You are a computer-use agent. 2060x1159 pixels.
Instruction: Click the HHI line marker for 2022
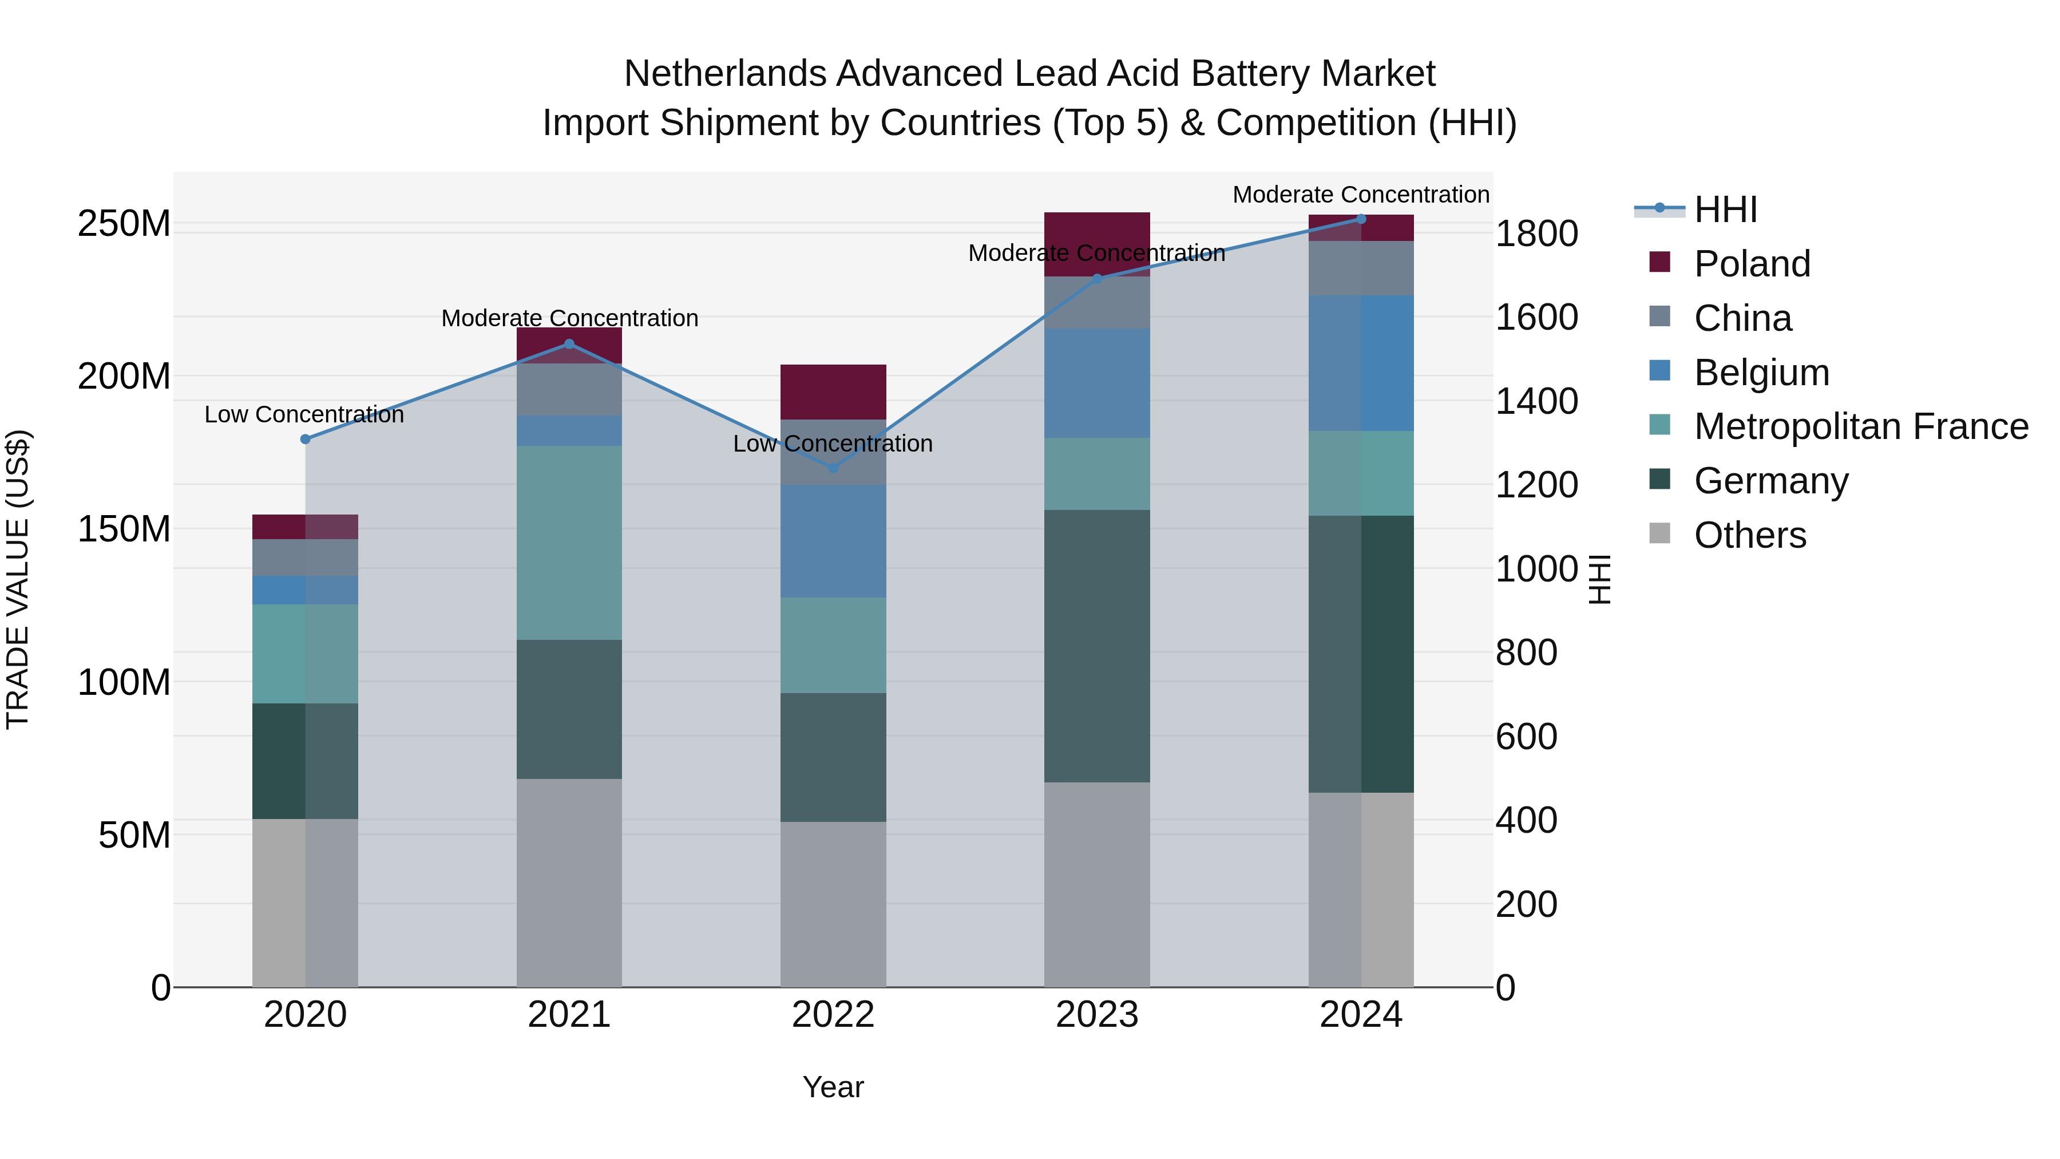click(x=833, y=468)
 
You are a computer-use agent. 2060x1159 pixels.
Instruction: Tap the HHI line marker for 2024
click(x=1361, y=219)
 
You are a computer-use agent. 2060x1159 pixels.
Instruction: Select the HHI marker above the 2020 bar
click(x=304, y=439)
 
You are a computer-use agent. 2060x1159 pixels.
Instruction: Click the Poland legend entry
click(x=1752, y=264)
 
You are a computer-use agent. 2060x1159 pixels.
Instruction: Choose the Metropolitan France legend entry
click(x=1860, y=426)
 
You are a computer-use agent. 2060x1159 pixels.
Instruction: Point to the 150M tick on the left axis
click(x=124, y=529)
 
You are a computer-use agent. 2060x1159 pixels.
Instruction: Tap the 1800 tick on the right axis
click(x=1535, y=234)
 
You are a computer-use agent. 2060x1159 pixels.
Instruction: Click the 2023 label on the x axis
click(x=1096, y=1014)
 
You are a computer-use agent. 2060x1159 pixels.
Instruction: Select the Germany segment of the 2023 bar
click(x=1096, y=646)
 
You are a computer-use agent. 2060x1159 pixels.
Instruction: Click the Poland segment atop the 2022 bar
click(x=833, y=392)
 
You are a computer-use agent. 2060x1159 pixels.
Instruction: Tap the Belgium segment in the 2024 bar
click(x=1361, y=363)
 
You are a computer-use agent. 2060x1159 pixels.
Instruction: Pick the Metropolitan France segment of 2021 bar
click(x=569, y=543)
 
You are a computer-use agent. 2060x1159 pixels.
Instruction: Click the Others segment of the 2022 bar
click(x=833, y=904)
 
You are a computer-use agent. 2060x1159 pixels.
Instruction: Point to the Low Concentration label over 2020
click(x=304, y=414)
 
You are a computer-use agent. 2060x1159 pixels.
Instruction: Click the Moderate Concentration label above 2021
click(x=569, y=318)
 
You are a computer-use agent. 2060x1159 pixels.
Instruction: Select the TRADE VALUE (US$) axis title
click(x=18, y=579)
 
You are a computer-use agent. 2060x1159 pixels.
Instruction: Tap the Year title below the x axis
click(x=833, y=1087)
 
